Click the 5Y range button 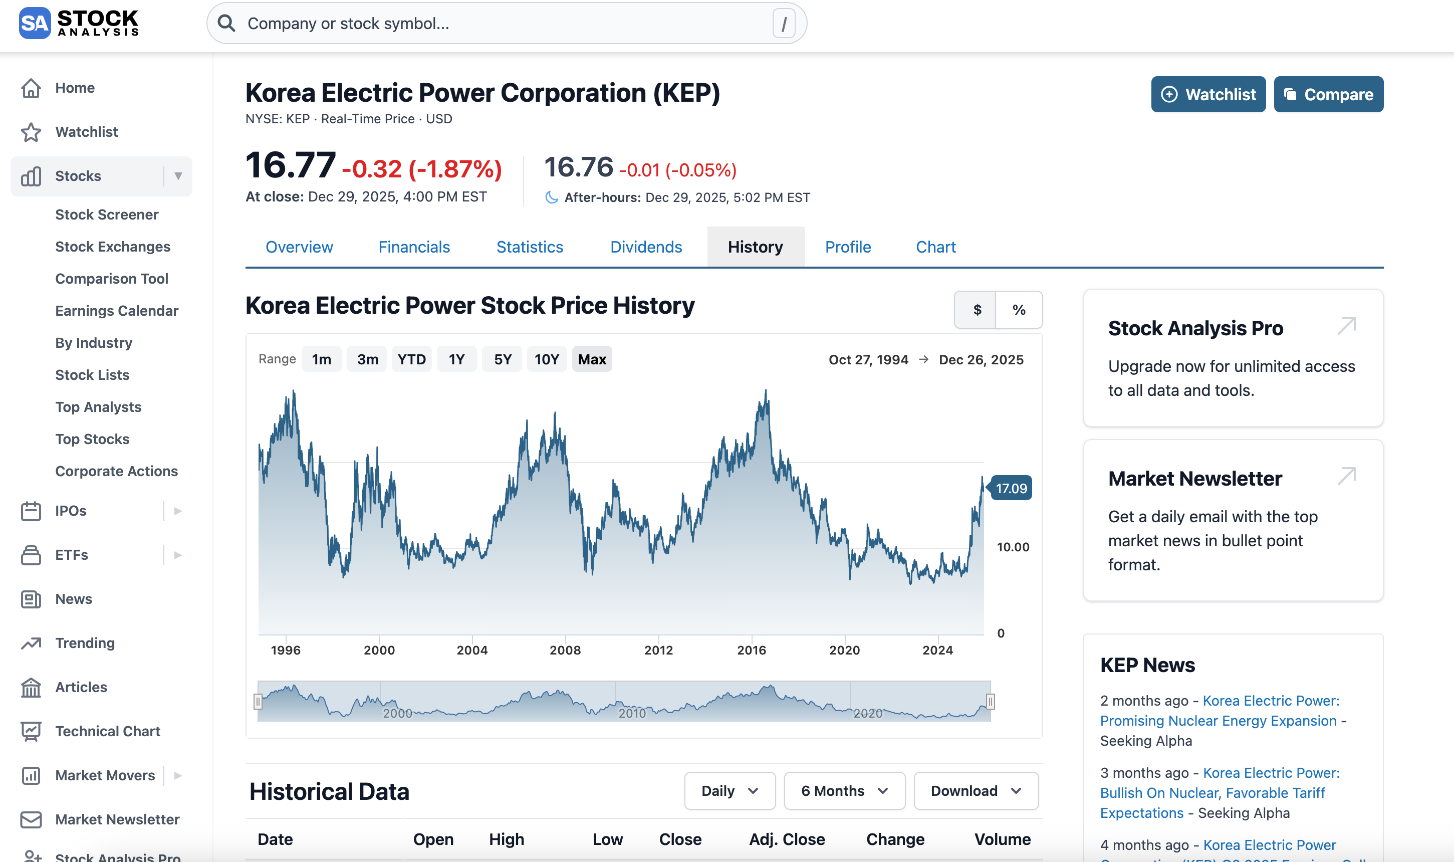tap(502, 359)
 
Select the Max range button tap(592, 359)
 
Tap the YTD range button tap(411, 359)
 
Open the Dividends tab tap(646, 247)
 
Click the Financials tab tap(414, 247)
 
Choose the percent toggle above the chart tap(1019, 310)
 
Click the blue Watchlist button tap(1208, 94)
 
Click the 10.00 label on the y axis tap(1013, 547)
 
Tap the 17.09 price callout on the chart tap(1011, 489)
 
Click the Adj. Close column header tap(786, 839)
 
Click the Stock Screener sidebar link tap(107, 214)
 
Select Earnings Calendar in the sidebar tap(116, 311)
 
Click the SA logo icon tap(34, 23)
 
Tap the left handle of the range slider tap(258, 702)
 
